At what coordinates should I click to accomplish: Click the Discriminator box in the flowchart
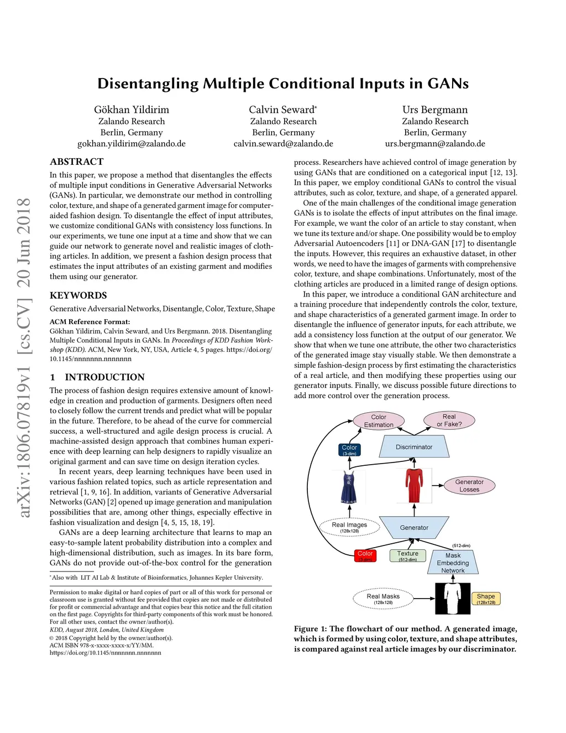(414, 447)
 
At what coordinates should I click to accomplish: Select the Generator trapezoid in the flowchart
(414, 528)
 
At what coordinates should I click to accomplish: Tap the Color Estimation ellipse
(379, 421)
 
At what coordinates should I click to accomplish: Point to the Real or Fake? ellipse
(449, 420)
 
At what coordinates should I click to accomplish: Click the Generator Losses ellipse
(469, 486)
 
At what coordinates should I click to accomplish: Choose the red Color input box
(365, 556)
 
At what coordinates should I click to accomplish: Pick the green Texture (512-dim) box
(408, 556)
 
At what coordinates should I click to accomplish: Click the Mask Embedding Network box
(453, 563)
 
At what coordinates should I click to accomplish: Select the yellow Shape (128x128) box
(486, 599)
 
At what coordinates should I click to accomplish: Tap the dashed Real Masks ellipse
(383, 599)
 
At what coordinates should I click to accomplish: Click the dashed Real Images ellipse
(349, 527)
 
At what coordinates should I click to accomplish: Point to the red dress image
(413, 486)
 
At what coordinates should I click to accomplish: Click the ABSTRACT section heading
(77, 162)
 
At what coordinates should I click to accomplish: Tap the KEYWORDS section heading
(78, 295)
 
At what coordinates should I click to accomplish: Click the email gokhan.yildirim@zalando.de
(132, 144)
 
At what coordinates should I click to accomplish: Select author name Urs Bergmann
(435, 110)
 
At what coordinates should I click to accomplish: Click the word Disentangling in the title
(148, 84)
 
